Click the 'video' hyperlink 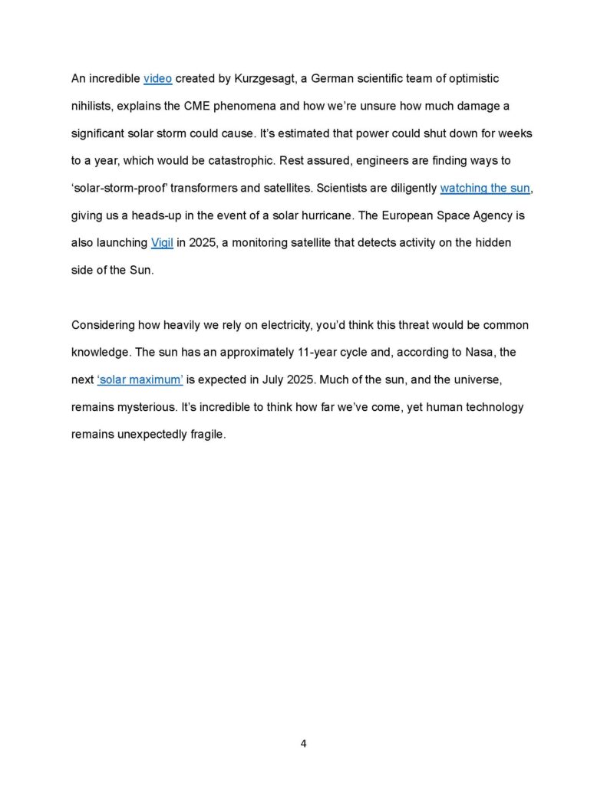157,78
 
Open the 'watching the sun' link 484,188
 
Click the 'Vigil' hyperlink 162,243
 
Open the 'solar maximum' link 140,379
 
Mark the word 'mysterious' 144,407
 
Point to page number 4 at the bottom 303,743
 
